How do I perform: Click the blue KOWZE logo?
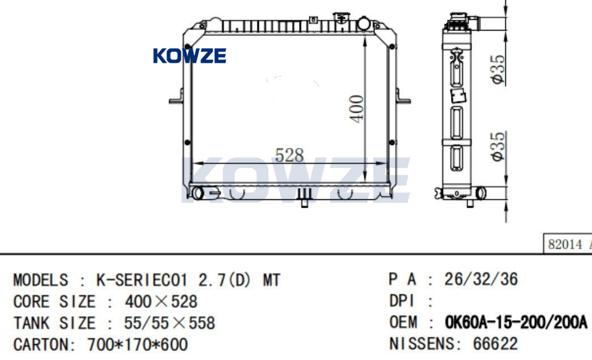click(x=190, y=55)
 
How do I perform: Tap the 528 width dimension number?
click(x=289, y=155)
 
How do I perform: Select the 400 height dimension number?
click(x=356, y=109)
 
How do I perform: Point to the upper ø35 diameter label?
click(x=497, y=70)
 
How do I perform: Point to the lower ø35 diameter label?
click(x=497, y=147)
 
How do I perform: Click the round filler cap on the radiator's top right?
click(x=364, y=23)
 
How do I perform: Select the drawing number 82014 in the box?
click(x=565, y=245)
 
